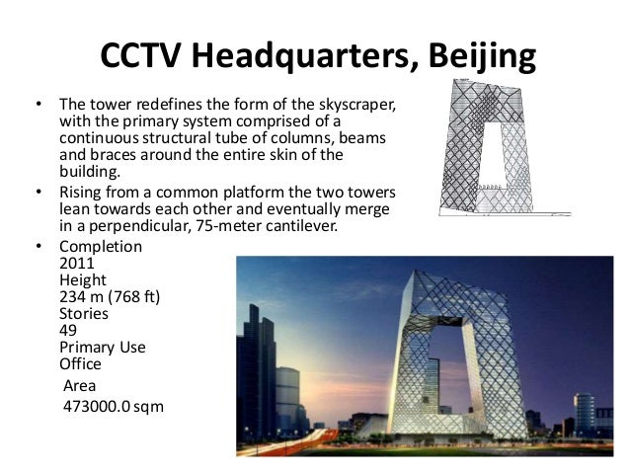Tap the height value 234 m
pos(85,296)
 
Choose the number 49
pos(68,330)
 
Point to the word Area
pos(80,385)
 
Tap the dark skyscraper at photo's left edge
pos(253,375)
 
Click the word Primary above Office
pos(88,348)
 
